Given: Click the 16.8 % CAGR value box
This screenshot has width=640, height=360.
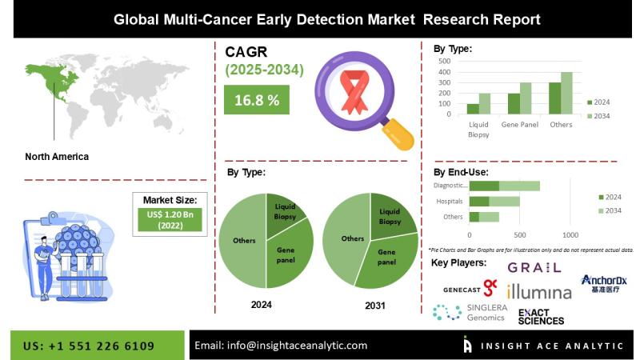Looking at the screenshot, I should pos(257,100).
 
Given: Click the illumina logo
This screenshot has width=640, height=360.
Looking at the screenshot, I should pos(539,291).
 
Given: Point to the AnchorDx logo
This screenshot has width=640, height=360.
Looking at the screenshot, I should pos(604,283).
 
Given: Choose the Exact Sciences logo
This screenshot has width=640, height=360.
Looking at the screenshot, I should pos(541,317).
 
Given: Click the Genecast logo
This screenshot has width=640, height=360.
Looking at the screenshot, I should pos(470,287).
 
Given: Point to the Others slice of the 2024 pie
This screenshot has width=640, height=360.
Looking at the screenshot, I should pos(243,240).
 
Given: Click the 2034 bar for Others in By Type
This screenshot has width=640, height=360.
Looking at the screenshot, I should pos(566,94).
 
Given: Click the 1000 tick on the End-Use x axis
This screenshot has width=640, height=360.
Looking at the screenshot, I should pos(570,235).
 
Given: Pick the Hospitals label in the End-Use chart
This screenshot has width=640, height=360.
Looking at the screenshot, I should pos(450,201).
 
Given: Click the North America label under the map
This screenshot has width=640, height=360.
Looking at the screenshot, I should pos(57,156).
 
